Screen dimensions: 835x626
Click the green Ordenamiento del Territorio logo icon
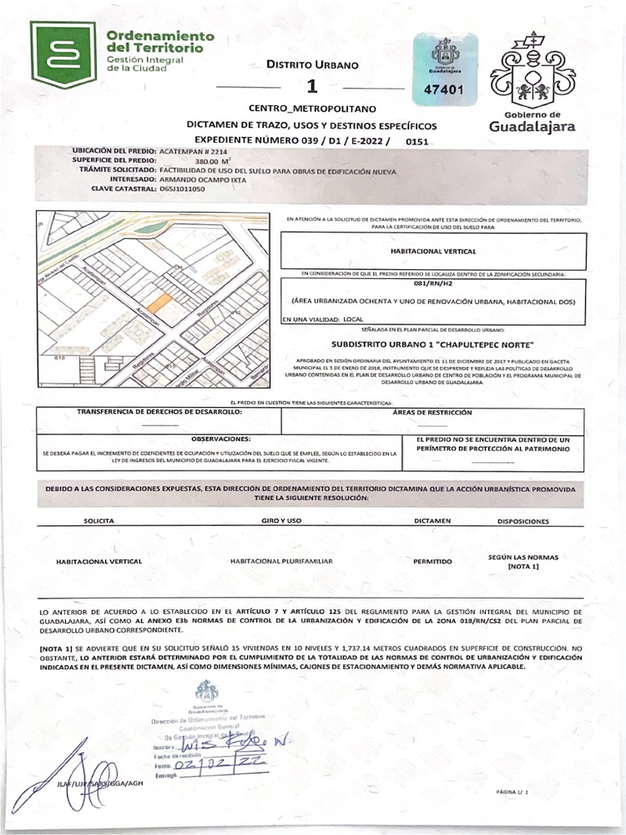[x=63, y=54]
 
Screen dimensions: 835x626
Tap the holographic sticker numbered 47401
[x=444, y=69]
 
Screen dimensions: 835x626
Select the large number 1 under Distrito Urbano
[x=311, y=87]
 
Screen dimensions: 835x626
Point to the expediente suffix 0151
[x=417, y=141]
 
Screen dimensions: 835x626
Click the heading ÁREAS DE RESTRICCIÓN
[x=432, y=413]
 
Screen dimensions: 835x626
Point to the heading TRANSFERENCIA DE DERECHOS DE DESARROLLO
[x=160, y=413]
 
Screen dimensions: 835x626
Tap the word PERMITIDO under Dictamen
[x=433, y=561]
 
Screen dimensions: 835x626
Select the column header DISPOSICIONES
[x=522, y=521]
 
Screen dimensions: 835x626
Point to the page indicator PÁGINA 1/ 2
[x=512, y=792]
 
